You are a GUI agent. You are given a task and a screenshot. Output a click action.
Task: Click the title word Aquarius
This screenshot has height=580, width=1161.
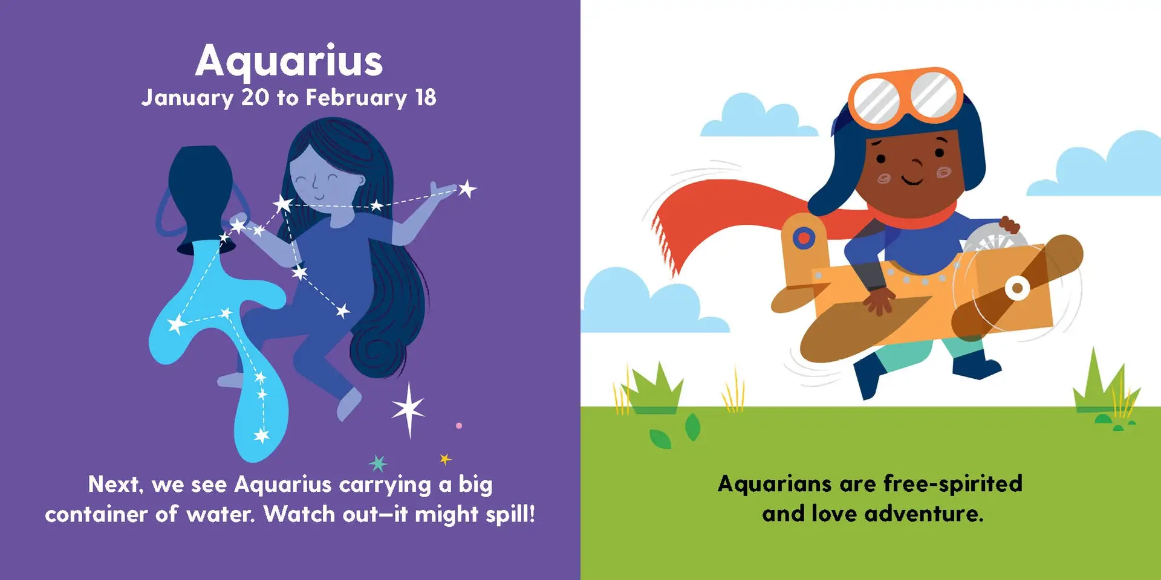point(289,61)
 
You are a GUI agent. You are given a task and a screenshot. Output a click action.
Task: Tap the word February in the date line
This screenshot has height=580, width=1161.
point(356,98)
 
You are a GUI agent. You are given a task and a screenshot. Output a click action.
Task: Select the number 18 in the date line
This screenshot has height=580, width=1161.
point(426,97)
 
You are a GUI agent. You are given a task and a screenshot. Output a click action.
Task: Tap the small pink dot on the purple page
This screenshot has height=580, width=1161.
point(459,426)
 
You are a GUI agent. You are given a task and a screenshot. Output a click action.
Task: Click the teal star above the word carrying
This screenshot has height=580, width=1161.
point(378,463)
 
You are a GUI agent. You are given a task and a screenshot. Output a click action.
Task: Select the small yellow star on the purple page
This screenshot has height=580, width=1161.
point(445,459)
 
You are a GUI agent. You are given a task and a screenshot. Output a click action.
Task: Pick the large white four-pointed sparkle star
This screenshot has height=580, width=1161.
point(409,409)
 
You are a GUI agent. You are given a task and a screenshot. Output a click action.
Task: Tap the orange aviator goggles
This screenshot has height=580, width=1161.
point(905,97)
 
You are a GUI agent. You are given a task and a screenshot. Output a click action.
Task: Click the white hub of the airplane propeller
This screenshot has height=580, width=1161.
point(1017,288)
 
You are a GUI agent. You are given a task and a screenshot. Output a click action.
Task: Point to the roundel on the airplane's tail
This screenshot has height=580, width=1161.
point(804,237)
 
